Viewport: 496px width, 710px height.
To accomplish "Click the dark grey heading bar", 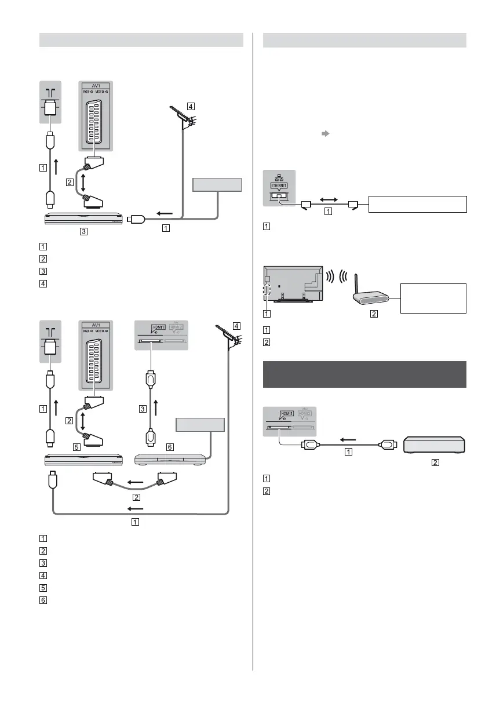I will click(x=364, y=375).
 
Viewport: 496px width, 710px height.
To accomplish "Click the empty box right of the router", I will click(x=433, y=297).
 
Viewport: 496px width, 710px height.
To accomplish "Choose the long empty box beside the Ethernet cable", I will click(x=417, y=204).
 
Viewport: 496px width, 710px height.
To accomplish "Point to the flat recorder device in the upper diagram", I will click(x=81, y=219).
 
